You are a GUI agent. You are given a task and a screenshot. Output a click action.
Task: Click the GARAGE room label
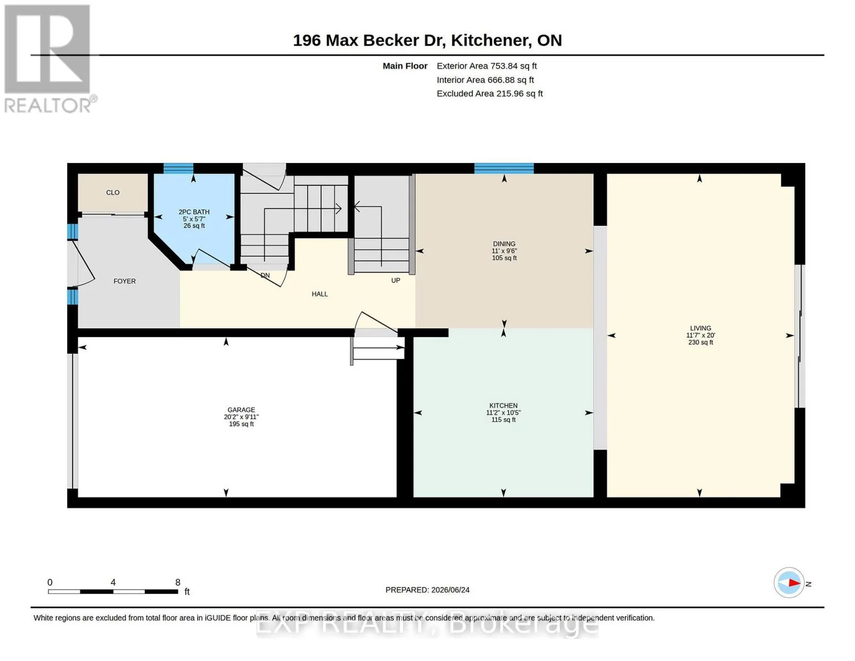pyautogui.click(x=241, y=410)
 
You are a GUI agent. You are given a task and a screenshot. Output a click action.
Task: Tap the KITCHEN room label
pyautogui.click(x=503, y=405)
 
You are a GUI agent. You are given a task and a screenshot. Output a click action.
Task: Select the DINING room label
pyautogui.click(x=504, y=243)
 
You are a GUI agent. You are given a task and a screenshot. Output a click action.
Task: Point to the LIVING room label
pyautogui.click(x=700, y=328)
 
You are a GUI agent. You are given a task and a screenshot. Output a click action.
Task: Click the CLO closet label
pyautogui.click(x=113, y=192)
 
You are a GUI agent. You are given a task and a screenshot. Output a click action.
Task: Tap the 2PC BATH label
pyautogui.click(x=194, y=212)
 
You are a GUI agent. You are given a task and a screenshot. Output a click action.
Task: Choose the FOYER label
pyautogui.click(x=124, y=281)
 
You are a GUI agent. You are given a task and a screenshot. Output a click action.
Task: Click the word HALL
pyautogui.click(x=319, y=294)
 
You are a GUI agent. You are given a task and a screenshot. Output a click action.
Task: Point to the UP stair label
pyautogui.click(x=395, y=280)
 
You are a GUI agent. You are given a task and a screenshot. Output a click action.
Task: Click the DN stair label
pyautogui.click(x=265, y=275)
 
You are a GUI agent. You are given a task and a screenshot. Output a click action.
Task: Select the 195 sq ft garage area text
pyautogui.click(x=241, y=424)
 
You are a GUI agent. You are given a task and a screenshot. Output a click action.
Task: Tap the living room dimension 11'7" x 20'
pyautogui.click(x=700, y=335)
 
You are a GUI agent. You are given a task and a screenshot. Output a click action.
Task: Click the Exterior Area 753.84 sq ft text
pyautogui.click(x=487, y=66)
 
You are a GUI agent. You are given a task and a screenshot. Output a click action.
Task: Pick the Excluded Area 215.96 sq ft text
pyautogui.click(x=489, y=93)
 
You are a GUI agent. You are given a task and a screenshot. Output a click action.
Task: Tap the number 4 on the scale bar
pyautogui.click(x=113, y=582)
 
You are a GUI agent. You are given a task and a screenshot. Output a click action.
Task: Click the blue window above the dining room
pyautogui.click(x=504, y=168)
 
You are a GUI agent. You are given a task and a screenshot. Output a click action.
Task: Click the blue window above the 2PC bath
pyautogui.click(x=178, y=168)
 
